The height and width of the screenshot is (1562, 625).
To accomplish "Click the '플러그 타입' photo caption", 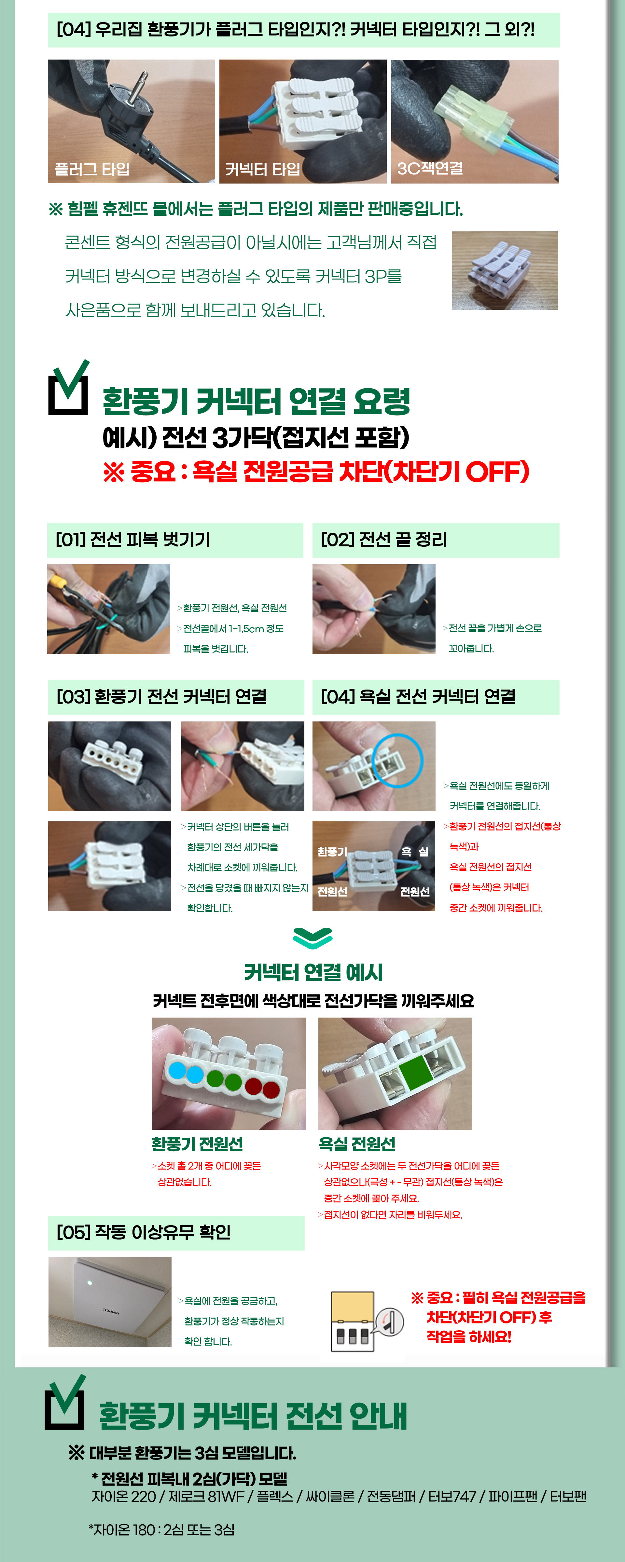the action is pyautogui.click(x=92, y=169).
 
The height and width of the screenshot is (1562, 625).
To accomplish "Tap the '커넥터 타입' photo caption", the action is pyautogui.click(x=263, y=169).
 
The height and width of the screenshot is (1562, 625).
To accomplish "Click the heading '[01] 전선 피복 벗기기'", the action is pyautogui.click(x=133, y=539).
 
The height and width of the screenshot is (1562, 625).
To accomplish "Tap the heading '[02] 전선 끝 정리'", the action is pyautogui.click(x=383, y=539).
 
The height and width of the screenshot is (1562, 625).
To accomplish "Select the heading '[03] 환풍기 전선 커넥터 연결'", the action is pyautogui.click(x=161, y=697).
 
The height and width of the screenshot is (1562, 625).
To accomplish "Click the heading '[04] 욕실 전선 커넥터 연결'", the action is pyautogui.click(x=418, y=697).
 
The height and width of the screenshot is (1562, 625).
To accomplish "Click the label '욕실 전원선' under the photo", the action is pyautogui.click(x=357, y=1144).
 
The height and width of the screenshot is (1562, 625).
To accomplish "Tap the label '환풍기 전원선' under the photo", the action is pyautogui.click(x=197, y=1144).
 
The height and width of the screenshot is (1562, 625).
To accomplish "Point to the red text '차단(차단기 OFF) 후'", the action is pyautogui.click(x=489, y=1317).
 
